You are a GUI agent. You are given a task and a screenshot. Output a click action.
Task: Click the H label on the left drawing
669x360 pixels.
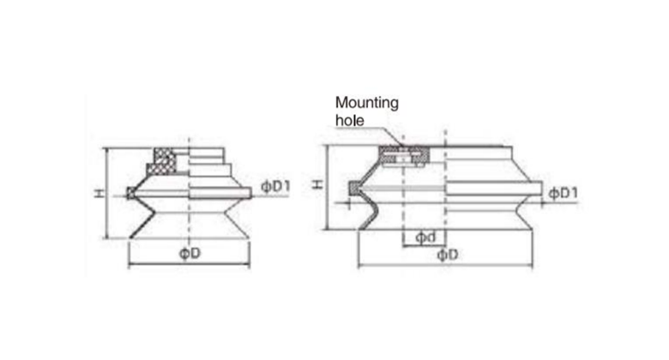tap(99, 194)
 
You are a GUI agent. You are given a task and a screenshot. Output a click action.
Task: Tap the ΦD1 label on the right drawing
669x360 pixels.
tap(563, 193)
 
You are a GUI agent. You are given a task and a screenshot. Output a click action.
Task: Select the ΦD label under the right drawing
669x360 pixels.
tap(447, 255)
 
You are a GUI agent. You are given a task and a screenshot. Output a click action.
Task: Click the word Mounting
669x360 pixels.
tap(366, 103)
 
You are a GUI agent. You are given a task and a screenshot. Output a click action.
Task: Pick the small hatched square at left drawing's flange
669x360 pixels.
tap(130, 194)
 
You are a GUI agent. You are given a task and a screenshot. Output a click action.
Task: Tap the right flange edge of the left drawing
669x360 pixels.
tap(252, 194)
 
